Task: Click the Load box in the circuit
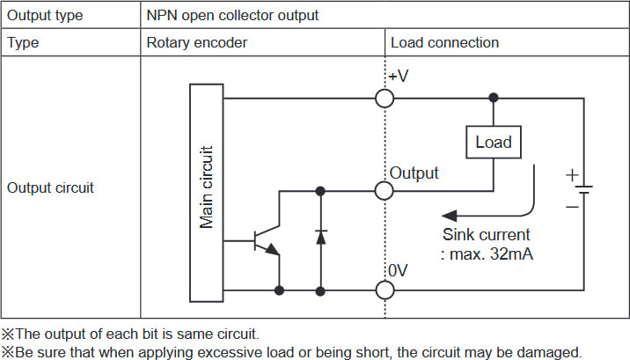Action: (493, 142)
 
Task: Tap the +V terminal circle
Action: (385, 98)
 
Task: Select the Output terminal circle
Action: (385, 189)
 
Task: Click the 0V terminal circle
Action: (385, 289)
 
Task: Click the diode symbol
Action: (321, 237)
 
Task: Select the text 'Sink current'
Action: (487, 235)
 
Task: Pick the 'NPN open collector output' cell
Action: (233, 15)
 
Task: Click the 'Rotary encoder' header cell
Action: (196, 42)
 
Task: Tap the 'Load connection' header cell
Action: (444, 42)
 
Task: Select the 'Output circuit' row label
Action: (50, 187)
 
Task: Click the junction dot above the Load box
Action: (494, 98)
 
